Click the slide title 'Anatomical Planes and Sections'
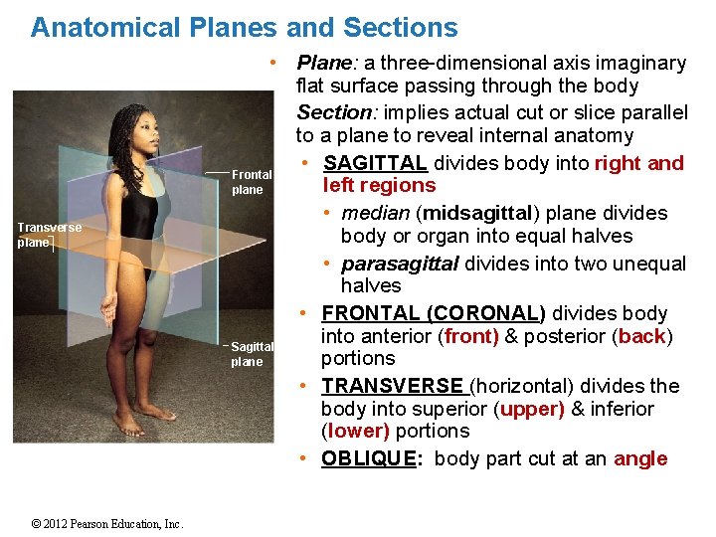click(x=245, y=28)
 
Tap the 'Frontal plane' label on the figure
click(x=251, y=182)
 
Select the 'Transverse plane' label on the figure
click(x=49, y=235)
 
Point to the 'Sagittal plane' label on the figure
click(x=251, y=354)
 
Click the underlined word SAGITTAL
click(x=375, y=163)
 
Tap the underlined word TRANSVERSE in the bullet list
click(x=392, y=386)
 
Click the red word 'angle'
click(x=640, y=458)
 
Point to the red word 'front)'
click(x=471, y=336)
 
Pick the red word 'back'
click(x=641, y=336)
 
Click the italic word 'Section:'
click(x=333, y=112)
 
